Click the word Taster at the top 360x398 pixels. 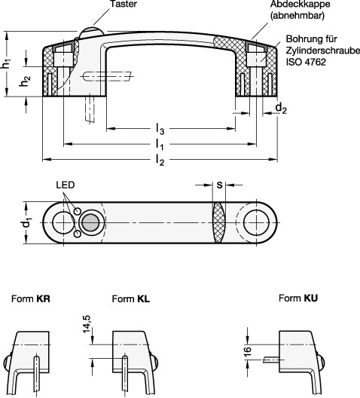(x=124, y=4)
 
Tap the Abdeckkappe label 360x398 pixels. (x=301, y=4)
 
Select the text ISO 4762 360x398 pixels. (x=306, y=62)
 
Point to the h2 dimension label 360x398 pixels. (x=25, y=81)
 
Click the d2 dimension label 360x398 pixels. (x=281, y=109)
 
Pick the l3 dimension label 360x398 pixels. (x=160, y=129)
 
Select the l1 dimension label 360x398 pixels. (x=160, y=145)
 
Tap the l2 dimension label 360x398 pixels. (x=160, y=160)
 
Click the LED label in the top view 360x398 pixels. (x=66, y=185)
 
